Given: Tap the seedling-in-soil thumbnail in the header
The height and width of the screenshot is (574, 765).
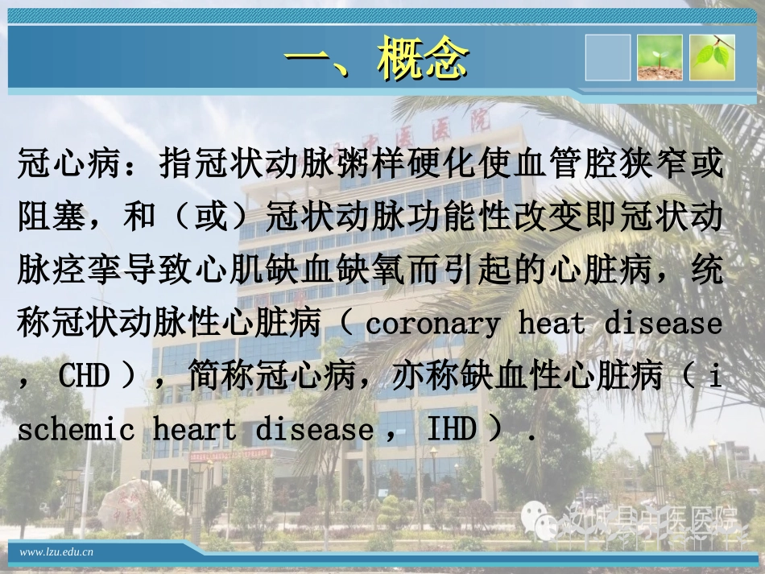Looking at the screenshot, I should click(x=660, y=58).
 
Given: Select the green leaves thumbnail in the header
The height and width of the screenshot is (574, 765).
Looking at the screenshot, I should click(x=713, y=58).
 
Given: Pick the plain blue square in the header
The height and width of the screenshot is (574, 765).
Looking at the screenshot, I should click(x=608, y=58).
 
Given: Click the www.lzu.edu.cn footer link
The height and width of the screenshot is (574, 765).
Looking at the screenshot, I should click(x=56, y=551).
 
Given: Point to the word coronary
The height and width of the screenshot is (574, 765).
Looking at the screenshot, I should click(x=432, y=324).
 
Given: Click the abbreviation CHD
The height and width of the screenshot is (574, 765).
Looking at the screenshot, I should click(x=84, y=376).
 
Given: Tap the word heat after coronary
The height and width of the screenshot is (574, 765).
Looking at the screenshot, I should click(x=552, y=324).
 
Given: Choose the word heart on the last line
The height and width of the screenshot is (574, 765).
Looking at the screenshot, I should click(x=196, y=429).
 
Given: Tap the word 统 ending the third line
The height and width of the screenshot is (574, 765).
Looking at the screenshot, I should click(x=706, y=271).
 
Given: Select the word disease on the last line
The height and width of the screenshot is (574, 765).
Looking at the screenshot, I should click(x=314, y=429).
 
